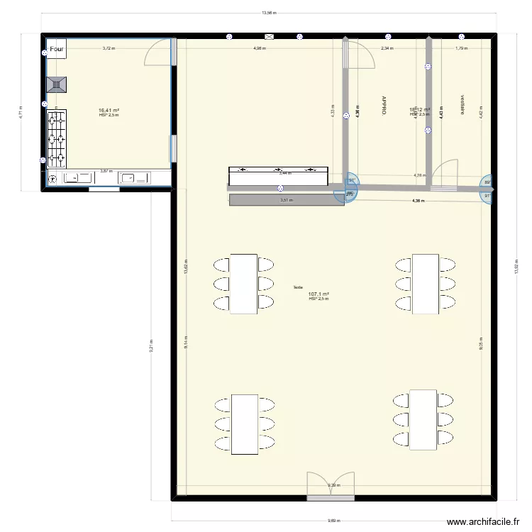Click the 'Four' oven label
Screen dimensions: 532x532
[x=57, y=50]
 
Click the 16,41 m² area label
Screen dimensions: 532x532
[x=109, y=111]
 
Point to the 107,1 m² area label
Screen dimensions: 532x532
[x=318, y=294]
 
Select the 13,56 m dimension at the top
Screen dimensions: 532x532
[x=269, y=13]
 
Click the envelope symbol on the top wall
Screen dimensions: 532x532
[x=269, y=36]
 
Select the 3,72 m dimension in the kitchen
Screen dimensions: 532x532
[x=109, y=48]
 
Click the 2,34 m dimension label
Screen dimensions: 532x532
[x=387, y=48]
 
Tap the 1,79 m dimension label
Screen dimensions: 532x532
[x=461, y=48]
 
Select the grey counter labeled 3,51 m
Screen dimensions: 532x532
[x=287, y=200]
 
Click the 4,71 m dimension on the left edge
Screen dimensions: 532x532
[x=22, y=112]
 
